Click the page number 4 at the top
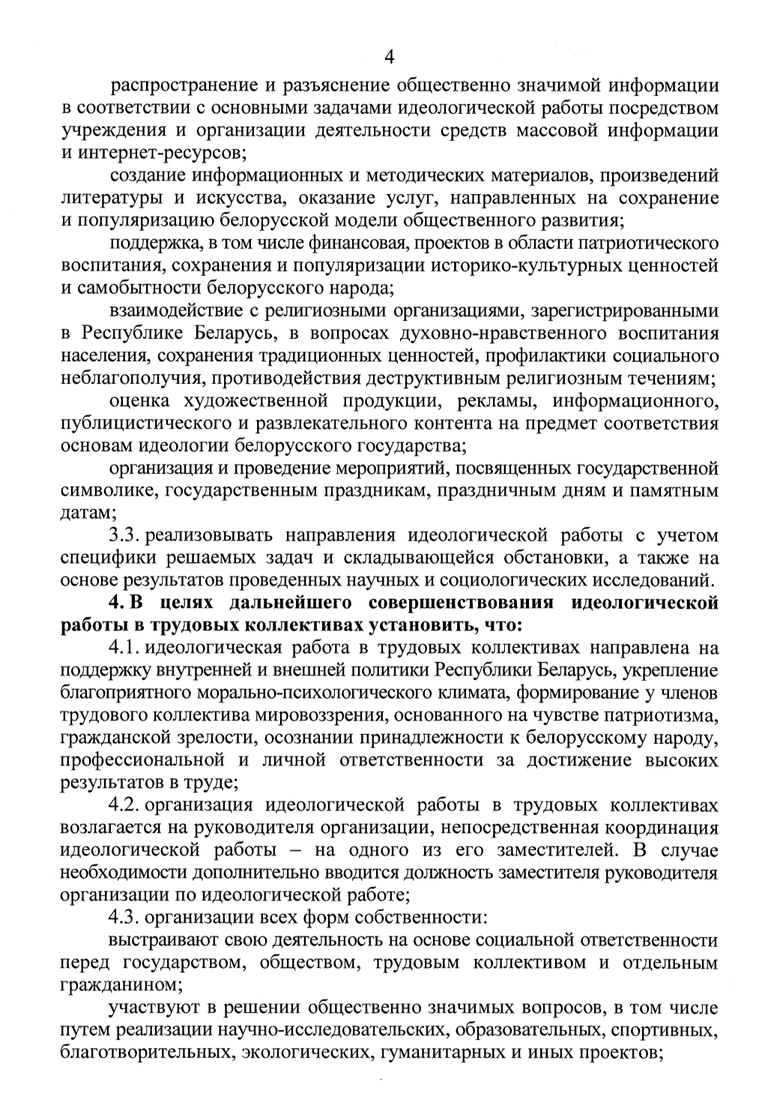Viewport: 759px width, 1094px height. [x=389, y=57]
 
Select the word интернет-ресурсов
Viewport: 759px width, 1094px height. [x=159, y=153]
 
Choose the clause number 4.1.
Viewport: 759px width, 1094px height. [x=124, y=648]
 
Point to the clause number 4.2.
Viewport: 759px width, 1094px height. [x=124, y=806]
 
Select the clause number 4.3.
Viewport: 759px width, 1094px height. [x=124, y=918]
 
